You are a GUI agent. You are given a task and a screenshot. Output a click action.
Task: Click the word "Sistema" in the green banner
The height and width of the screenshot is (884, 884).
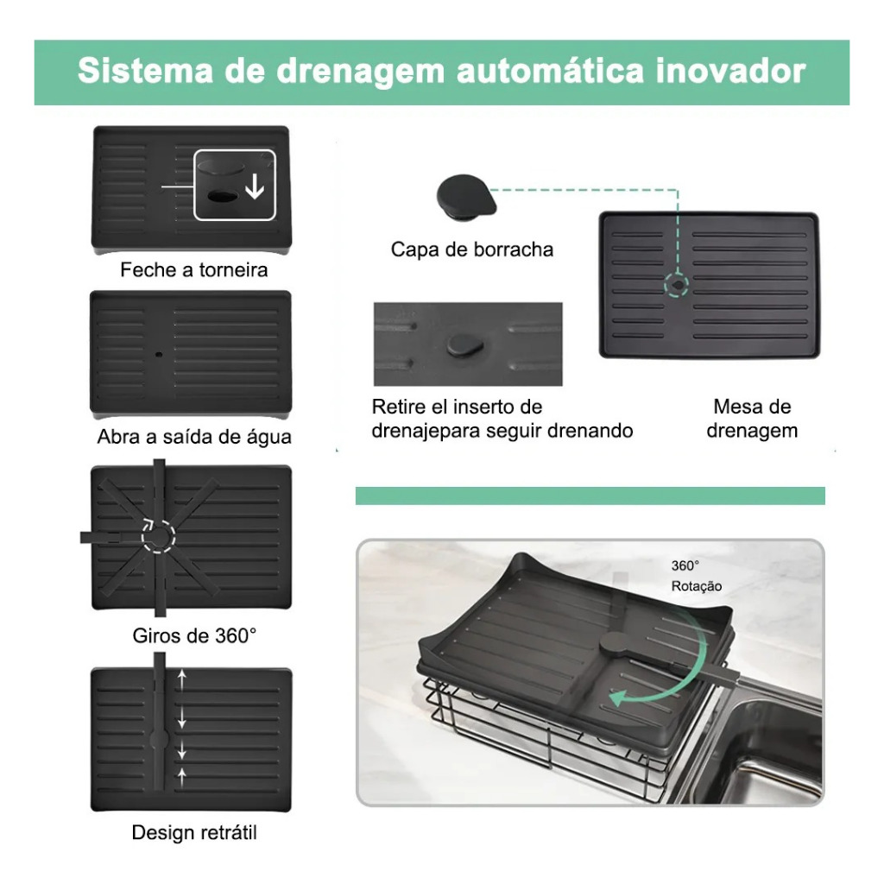point(145,71)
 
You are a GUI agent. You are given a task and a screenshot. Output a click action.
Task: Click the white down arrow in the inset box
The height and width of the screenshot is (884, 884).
point(255,186)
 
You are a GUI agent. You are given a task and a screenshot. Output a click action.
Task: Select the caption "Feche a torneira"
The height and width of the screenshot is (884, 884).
point(194,270)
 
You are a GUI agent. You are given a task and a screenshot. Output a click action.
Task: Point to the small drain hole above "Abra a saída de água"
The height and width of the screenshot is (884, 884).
point(159,355)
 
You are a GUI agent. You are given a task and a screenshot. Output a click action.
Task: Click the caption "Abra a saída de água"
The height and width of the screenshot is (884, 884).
point(194,437)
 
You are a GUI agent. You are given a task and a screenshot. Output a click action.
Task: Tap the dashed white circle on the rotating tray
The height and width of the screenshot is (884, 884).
point(159,536)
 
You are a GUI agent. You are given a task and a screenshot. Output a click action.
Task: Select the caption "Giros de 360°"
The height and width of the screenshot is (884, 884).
point(194,636)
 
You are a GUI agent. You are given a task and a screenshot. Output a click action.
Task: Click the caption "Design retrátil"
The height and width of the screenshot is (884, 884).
point(194,833)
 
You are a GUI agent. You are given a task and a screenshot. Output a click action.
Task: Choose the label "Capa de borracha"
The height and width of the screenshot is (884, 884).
point(472,249)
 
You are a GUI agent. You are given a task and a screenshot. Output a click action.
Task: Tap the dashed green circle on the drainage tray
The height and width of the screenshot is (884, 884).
point(677,285)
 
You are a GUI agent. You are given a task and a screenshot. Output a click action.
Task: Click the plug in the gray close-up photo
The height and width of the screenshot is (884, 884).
point(465,344)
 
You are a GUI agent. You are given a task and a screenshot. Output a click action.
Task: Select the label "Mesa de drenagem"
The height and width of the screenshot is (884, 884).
point(752,419)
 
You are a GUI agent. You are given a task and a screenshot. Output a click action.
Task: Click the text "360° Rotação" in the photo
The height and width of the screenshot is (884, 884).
point(697,576)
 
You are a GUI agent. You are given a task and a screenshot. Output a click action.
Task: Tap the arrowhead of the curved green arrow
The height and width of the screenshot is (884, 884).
point(619,698)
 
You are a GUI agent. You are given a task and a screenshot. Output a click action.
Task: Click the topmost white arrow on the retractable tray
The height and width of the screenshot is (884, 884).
point(181,679)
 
